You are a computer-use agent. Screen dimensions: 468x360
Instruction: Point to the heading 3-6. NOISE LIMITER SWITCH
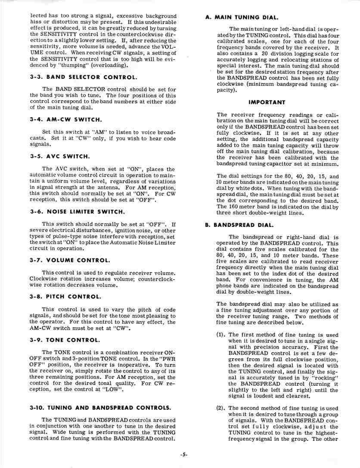[x=78, y=211]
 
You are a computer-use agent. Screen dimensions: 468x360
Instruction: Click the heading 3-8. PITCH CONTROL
[x=65, y=297]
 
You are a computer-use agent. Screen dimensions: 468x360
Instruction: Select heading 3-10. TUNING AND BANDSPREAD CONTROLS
[x=100, y=407]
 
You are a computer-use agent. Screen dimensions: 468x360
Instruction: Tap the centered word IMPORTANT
[x=267, y=102]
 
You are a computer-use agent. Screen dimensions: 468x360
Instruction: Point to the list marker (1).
[x=221, y=335]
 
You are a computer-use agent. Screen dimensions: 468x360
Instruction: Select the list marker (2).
[x=221, y=408]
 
